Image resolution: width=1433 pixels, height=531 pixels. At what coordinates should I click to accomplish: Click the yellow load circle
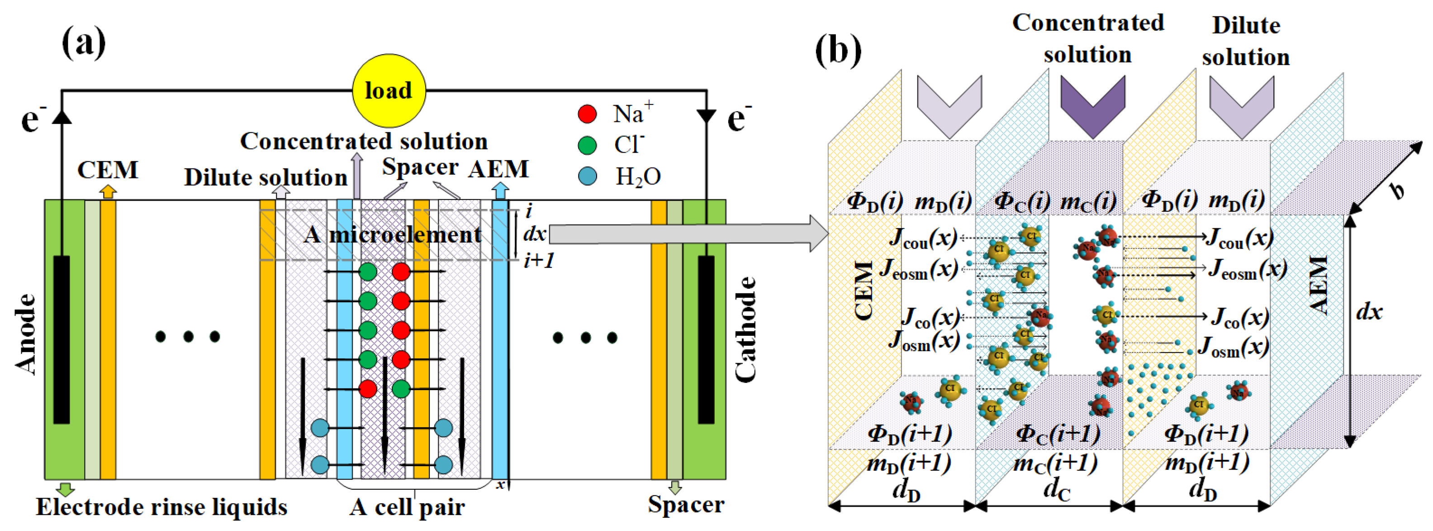click(x=389, y=90)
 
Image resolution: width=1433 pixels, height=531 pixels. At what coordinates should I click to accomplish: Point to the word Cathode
click(x=745, y=330)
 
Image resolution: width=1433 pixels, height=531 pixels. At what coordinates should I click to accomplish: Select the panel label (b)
click(x=837, y=50)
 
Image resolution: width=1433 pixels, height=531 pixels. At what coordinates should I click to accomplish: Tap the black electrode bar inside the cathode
click(x=706, y=340)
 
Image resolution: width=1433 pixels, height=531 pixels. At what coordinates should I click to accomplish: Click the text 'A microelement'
click(x=392, y=234)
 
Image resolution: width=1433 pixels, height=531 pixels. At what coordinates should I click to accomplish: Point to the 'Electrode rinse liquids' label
click(x=161, y=507)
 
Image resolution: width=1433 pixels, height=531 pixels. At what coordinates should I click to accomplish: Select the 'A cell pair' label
click(x=407, y=507)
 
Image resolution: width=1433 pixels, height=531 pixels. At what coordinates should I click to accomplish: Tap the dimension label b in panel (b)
click(x=1396, y=191)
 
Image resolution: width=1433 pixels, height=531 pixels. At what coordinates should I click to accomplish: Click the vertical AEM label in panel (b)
click(x=1319, y=285)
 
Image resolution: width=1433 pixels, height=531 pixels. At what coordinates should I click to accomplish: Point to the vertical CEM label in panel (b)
click(x=864, y=291)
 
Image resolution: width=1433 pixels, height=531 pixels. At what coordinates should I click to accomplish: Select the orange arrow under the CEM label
click(x=108, y=191)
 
